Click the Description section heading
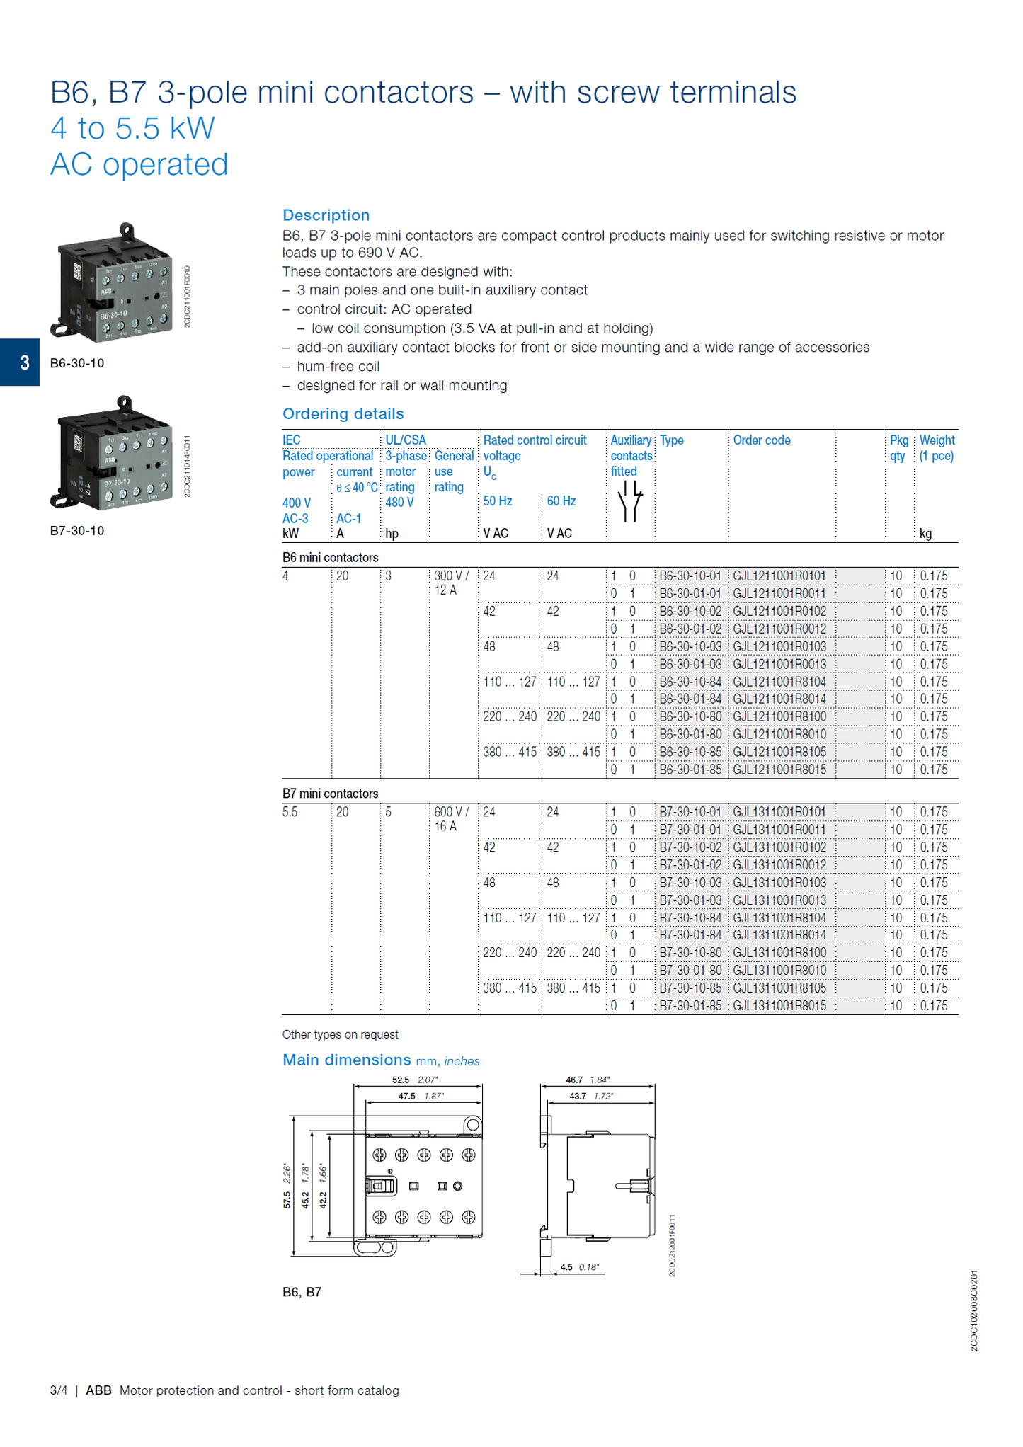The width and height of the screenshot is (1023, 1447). coord(326,215)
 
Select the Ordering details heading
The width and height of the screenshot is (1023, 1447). coord(343,414)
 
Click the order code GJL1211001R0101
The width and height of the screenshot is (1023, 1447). coord(779,576)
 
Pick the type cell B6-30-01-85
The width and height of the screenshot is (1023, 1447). coord(690,770)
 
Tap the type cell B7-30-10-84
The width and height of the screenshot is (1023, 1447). coord(690,918)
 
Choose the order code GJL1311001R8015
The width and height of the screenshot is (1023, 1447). coord(779,1006)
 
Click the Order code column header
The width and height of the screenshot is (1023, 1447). coord(761,440)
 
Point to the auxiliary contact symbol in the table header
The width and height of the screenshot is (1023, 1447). coord(629,501)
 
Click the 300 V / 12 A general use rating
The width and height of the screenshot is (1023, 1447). coord(451,583)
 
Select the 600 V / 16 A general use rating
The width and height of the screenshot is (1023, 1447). coord(451,819)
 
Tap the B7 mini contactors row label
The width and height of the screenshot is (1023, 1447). coord(330,794)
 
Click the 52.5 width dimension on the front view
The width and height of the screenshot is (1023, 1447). coord(401,1080)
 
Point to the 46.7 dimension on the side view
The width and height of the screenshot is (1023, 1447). coord(574,1080)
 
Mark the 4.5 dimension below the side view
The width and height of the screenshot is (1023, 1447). coord(566,1267)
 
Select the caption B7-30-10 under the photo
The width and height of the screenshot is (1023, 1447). coord(76,531)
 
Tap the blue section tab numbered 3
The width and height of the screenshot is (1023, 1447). coord(20,362)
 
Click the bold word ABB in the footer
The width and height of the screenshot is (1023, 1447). coord(98,1390)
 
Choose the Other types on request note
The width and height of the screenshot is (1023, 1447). coord(340,1034)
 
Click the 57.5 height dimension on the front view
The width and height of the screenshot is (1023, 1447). coord(287,1199)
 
